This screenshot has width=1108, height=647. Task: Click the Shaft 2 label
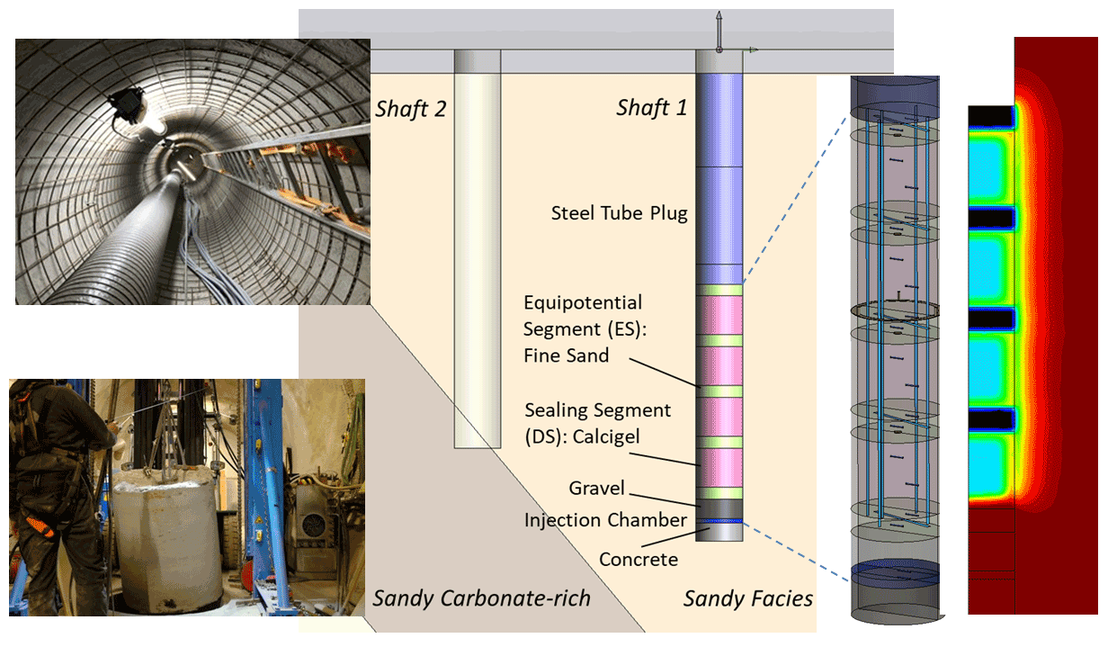click(x=409, y=110)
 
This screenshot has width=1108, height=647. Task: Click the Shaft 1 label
click(x=652, y=109)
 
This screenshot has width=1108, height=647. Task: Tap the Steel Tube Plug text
click(x=619, y=213)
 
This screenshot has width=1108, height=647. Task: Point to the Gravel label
click(x=596, y=489)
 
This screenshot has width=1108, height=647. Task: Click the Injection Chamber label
click(x=605, y=520)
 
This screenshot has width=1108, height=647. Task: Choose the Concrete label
click(x=639, y=559)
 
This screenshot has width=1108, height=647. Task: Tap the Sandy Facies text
click(x=748, y=598)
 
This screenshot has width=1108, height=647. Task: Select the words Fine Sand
click(x=566, y=355)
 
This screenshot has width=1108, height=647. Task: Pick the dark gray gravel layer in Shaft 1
click(x=720, y=509)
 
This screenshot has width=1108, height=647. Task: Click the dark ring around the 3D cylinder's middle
click(x=894, y=310)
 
